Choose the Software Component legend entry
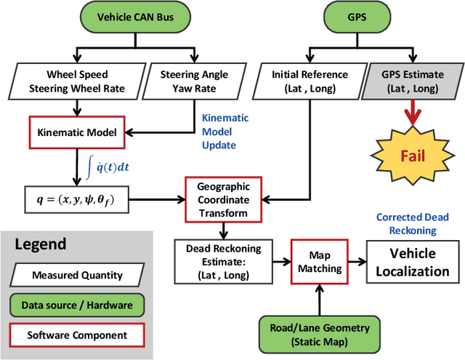coord(77,335)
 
